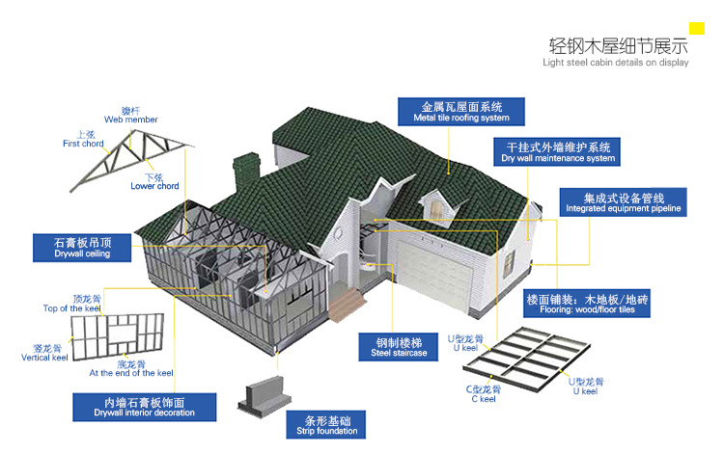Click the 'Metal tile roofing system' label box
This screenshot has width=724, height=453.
(460, 112)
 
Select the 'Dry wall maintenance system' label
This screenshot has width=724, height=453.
(557, 151)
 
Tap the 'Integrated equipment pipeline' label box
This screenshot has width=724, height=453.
(624, 202)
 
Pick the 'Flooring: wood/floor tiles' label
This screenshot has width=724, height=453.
(587, 304)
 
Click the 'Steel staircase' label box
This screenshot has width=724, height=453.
(399, 347)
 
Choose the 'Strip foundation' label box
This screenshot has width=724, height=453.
(326, 425)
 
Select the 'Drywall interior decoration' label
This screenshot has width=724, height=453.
(144, 407)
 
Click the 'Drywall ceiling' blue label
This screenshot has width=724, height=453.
(82, 248)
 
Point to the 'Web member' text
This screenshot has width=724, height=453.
(131, 120)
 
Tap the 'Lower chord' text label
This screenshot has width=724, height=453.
(154, 186)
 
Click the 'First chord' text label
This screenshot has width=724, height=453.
(83, 144)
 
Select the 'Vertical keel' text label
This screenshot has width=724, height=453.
(44, 358)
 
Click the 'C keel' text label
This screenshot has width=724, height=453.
(484, 399)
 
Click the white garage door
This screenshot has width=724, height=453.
(432, 277)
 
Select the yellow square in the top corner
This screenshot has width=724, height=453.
(697, 29)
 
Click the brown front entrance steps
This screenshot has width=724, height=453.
(347, 305)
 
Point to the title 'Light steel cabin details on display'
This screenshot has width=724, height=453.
(616, 63)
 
